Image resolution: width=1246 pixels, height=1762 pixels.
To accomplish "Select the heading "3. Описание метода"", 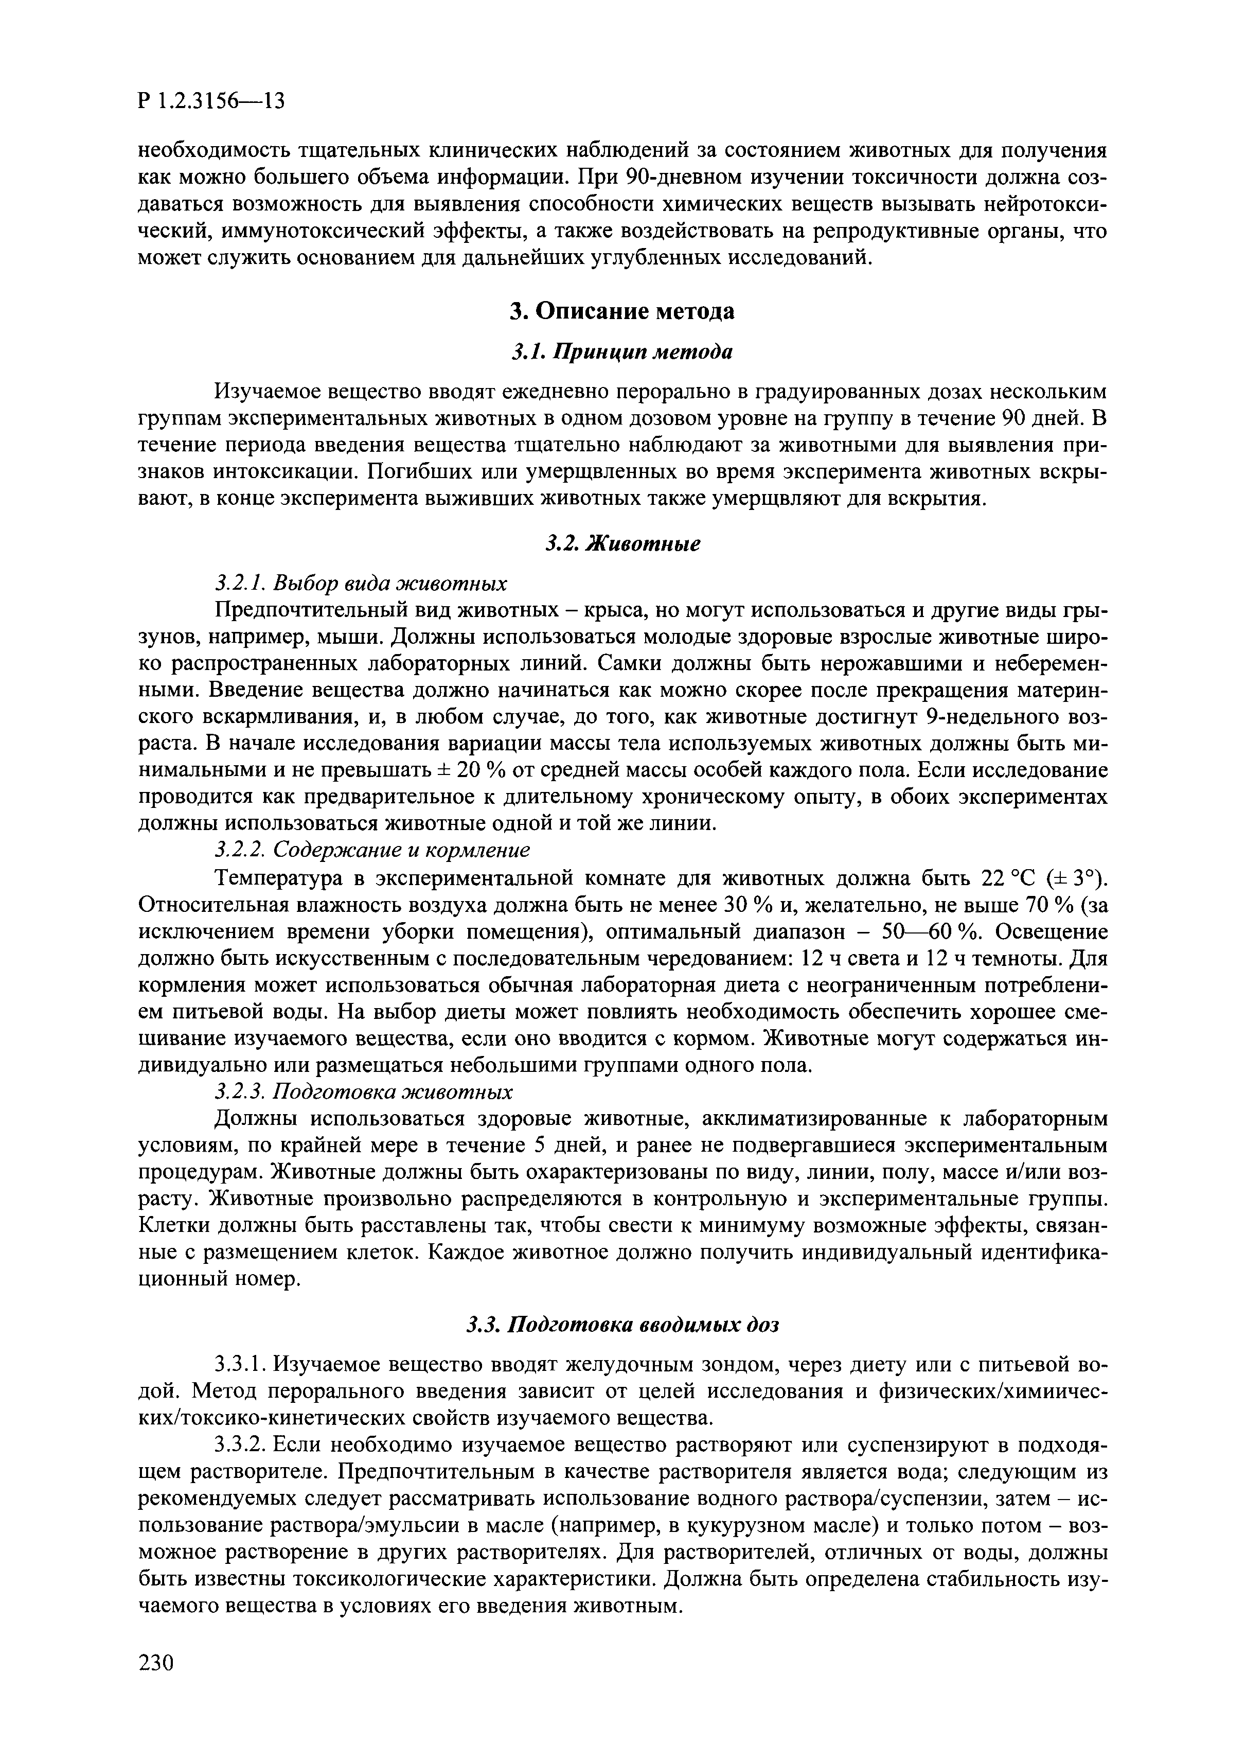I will pos(622,311).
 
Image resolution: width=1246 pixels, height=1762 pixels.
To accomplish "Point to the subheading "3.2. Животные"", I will pos(622,543).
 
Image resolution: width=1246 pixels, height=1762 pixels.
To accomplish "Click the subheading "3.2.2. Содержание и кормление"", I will pos(372,850).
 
